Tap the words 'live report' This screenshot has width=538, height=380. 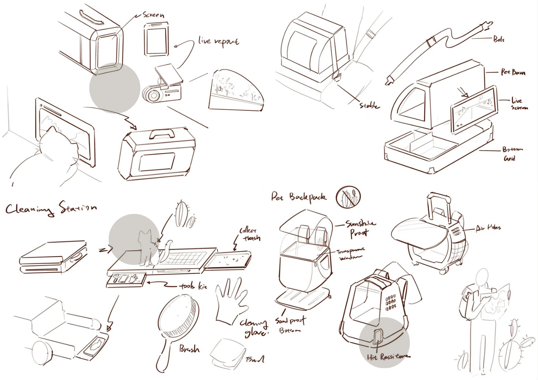(x=218, y=42)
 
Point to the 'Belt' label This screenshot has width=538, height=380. (x=498, y=39)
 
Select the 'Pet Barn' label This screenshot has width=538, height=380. (x=512, y=72)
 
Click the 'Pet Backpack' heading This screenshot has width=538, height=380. (x=298, y=197)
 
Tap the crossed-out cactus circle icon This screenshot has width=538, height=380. (x=348, y=196)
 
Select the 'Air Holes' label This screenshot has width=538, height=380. (x=488, y=228)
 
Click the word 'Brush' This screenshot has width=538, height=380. (x=189, y=349)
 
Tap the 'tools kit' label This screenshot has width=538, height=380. (x=193, y=286)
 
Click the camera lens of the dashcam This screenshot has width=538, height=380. (x=151, y=94)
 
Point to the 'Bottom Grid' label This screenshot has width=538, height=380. (x=512, y=154)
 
